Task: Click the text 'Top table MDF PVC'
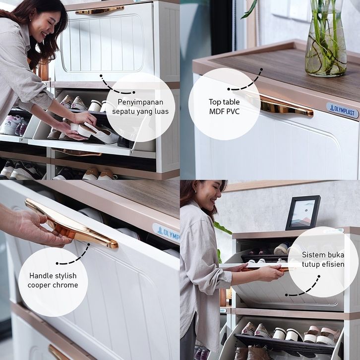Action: (224, 107)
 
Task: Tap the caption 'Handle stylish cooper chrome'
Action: (53, 280)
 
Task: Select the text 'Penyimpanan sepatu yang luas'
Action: (140, 107)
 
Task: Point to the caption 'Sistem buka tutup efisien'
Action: (323, 259)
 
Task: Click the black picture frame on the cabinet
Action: (303, 213)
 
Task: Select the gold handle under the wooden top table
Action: (286, 106)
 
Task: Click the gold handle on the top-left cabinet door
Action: (100, 10)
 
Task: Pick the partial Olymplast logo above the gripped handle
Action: (166, 233)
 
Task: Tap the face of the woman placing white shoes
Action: (47, 26)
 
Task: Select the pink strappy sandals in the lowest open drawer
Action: (322, 335)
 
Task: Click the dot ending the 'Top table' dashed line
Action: (229, 89)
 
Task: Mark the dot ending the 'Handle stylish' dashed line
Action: (57, 263)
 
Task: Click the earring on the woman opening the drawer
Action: (195, 191)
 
